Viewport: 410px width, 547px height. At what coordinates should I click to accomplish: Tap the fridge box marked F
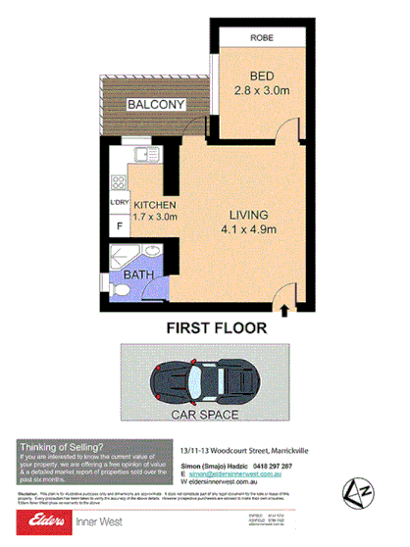(x=119, y=227)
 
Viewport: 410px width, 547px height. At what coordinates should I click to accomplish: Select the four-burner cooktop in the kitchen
(x=119, y=181)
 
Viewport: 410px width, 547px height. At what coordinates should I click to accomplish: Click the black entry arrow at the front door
(x=284, y=311)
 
